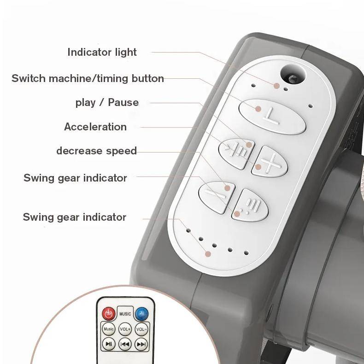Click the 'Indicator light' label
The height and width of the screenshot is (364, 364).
102,53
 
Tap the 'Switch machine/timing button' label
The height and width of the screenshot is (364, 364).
88,78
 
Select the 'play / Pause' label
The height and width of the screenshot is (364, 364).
107,103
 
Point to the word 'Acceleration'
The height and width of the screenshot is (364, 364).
95,127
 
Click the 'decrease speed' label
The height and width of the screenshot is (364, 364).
97,151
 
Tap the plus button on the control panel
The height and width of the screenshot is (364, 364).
270,161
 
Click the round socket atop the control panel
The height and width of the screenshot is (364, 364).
293,74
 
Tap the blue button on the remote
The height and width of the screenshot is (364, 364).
141,314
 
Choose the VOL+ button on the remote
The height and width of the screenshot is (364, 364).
125,329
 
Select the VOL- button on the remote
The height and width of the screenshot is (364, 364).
141,329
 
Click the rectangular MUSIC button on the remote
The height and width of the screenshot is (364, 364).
125,314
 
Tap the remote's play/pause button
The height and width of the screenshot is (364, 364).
109,344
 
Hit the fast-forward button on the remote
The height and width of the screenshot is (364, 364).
141,344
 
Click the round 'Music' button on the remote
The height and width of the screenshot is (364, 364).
109,329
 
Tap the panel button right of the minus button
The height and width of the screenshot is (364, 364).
250,205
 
